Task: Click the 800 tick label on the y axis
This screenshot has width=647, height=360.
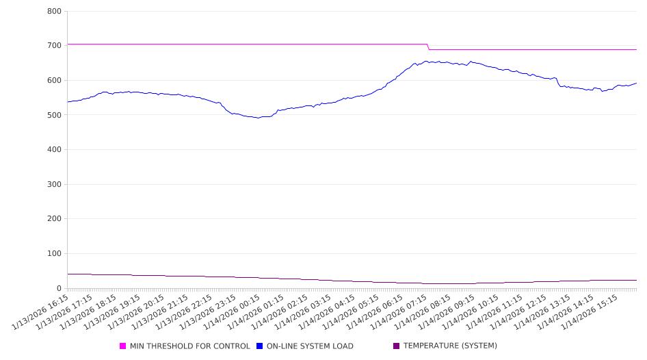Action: [x=55, y=12]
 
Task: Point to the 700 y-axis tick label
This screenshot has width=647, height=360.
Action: [x=55, y=46]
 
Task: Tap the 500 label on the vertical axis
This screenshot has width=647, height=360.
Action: [x=55, y=115]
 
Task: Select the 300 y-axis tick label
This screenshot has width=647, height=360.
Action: [x=55, y=185]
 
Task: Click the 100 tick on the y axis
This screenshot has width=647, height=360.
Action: [x=55, y=254]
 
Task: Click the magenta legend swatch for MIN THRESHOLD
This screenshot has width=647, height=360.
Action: [x=123, y=346]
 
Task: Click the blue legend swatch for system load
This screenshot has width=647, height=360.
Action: [x=260, y=346]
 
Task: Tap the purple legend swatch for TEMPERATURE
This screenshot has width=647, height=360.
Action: [x=397, y=346]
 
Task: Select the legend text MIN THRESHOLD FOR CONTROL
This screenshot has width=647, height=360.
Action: [x=190, y=346]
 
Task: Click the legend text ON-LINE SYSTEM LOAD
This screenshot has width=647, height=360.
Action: [x=310, y=346]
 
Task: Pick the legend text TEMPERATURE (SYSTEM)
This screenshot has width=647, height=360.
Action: [x=450, y=346]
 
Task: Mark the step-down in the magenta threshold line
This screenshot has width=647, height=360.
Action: [x=429, y=47]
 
